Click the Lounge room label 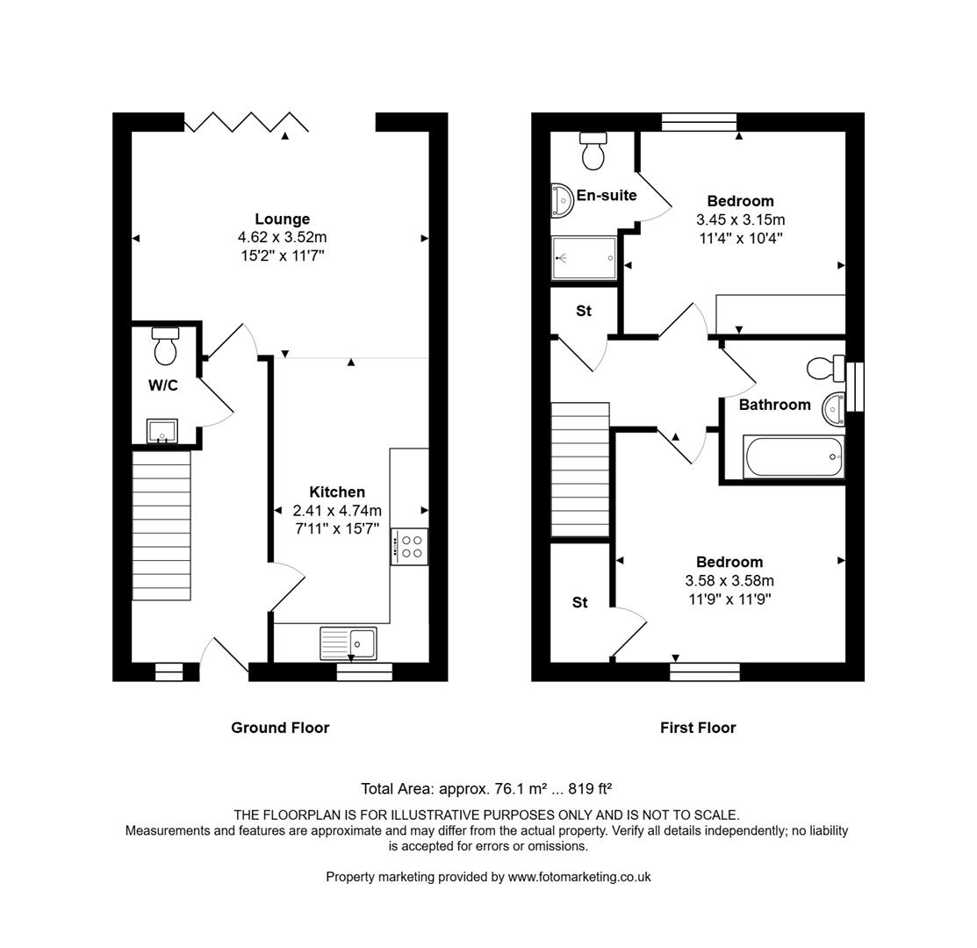pyautogui.click(x=282, y=219)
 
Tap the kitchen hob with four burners pyautogui.click(x=409, y=547)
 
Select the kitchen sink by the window pyautogui.click(x=348, y=643)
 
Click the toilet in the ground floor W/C pyautogui.click(x=165, y=347)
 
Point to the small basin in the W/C pyautogui.click(x=162, y=431)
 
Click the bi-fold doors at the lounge pyautogui.click(x=247, y=122)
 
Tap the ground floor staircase pyautogui.click(x=161, y=525)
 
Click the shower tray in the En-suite pyautogui.click(x=584, y=257)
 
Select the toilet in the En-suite pyautogui.click(x=594, y=151)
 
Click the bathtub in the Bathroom pyautogui.click(x=793, y=457)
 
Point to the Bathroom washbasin pyautogui.click(x=833, y=408)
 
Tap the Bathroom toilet pyautogui.click(x=823, y=368)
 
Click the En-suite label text pyautogui.click(x=607, y=195)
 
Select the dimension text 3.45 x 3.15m pyautogui.click(x=740, y=219)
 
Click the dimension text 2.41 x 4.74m pyautogui.click(x=337, y=511)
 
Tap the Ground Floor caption pyautogui.click(x=280, y=728)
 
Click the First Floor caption pyautogui.click(x=698, y=728)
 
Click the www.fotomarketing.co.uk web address pyautogui.click(x=579, y=876)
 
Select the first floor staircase pyautogui.click(x=579, y=470)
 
